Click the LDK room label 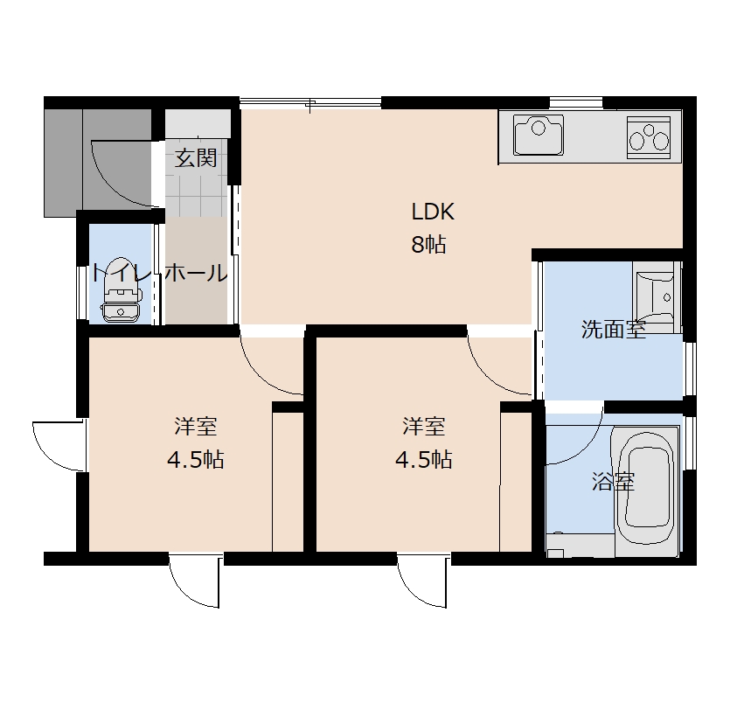click(433, 212)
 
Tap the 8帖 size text click(428, 244)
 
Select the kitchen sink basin click(539, 135)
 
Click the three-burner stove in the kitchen click(649, 137)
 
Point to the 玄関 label click(196, 158)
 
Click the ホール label click(196, 272)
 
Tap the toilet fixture click(121, 289)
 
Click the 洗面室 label click(614, 330)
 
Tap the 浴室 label click(614, 482)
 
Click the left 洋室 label click(196, 427)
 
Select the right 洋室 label click(424, 427)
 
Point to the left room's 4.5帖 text click(196, 460)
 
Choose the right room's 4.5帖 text click(424, 460)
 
